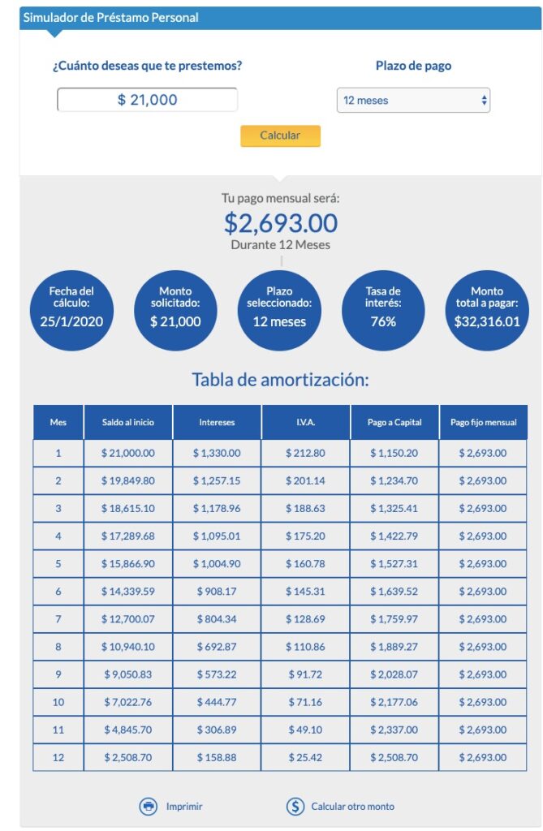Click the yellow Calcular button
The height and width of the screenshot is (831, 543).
tap(280, 136)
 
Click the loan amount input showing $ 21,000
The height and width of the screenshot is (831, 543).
tap(147, 100)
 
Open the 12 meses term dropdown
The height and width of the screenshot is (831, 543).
tap(413, 101)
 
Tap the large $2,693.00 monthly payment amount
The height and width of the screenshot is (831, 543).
tap(281, 222)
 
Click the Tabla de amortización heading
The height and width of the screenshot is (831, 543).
tap(281, 380)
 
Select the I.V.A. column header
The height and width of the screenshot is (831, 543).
tap(306, 423)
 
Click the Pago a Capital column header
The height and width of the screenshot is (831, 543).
tap(394, 423)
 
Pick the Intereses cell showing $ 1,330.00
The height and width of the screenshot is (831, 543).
tap(217, 453)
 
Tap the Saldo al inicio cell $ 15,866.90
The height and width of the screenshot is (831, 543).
tap(127, 564)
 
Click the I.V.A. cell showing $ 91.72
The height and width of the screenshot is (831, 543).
tap(306, 674)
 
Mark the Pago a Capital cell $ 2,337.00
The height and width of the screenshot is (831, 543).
tap(394, 730)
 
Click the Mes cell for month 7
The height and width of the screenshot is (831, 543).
tap(58, 619)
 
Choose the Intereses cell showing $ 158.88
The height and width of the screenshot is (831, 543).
tap(217, 757)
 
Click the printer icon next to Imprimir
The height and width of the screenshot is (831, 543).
tap(149, 807)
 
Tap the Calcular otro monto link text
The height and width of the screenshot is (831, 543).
tap(353, 807)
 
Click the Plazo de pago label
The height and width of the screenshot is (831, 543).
tap(413, 66)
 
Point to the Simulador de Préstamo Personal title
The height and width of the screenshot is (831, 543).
tap(110, 17)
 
